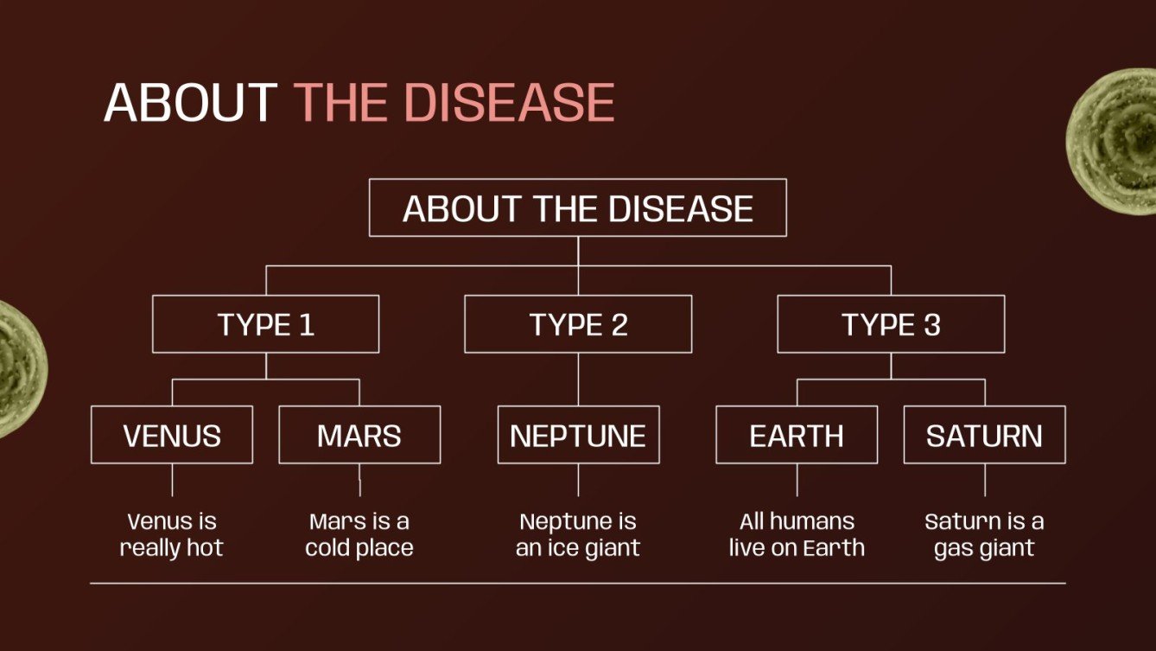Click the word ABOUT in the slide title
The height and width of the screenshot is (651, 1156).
point(190,103)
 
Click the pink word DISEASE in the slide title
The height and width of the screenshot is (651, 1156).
point(509,103)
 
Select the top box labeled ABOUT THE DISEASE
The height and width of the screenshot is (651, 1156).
point(577,208)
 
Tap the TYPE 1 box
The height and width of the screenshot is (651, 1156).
point(265,324)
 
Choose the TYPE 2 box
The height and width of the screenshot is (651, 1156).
point(578,324)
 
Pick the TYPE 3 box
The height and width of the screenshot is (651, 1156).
point(891,324)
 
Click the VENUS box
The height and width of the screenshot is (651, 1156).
point(172,435)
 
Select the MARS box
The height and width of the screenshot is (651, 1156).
point(359,435)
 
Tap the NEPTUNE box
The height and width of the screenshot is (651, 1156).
point(578,435)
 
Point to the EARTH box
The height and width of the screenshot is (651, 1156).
point(797,435)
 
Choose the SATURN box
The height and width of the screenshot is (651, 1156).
point(984,435)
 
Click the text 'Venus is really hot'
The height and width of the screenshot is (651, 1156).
point(172,534)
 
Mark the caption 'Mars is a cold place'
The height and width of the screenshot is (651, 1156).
point(359,534)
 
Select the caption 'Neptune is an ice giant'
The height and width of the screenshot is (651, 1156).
point(578,534)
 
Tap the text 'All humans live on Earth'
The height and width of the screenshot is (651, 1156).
point(797,534)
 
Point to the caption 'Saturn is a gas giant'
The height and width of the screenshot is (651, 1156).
point(984,534)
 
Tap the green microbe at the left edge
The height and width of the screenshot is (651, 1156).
point(17,367)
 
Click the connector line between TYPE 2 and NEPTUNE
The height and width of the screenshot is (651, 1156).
point(578,380)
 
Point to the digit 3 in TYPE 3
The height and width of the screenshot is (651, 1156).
point(931,325)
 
